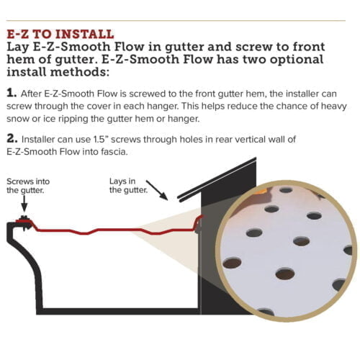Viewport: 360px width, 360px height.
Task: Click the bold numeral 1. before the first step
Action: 12,94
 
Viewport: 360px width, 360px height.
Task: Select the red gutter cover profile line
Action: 108,230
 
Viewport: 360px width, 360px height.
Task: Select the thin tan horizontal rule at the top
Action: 180,19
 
